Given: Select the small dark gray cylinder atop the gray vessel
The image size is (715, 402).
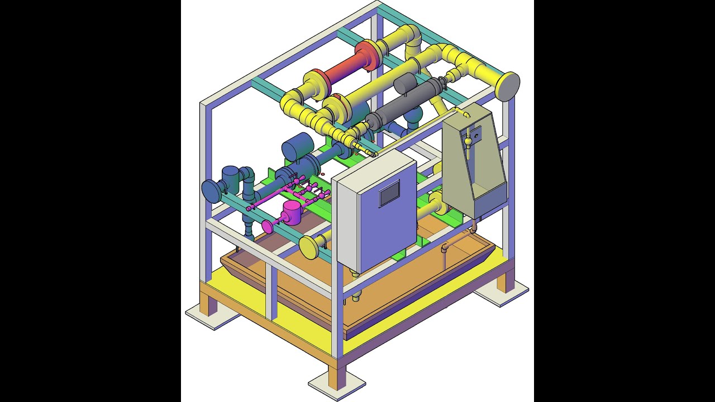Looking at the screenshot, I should pyautogui.click(x=405, y=84).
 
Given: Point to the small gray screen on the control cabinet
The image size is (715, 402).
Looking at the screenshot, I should pyautogui.click(x=389, y=195).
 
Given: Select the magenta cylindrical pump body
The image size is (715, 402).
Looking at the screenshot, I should pyautogui.click(x=292, y=213).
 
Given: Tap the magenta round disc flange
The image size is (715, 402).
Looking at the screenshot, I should pyautogui.click(x=268, y=226).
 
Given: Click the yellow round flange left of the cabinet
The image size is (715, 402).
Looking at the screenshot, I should pyautogui.click(x=308, y=246).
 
